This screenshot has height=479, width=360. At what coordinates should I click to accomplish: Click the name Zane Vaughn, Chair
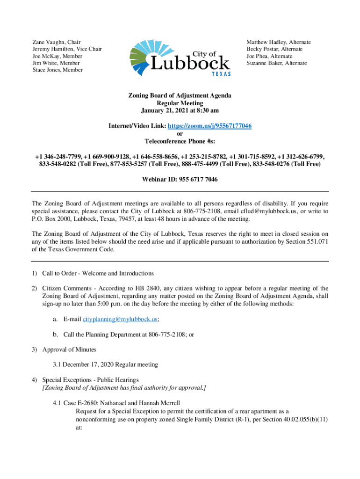55,42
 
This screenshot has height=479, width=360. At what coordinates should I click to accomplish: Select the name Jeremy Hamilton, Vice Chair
67,49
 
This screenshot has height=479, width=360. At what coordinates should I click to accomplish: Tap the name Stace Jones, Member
58,70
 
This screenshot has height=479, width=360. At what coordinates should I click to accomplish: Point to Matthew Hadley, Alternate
279,42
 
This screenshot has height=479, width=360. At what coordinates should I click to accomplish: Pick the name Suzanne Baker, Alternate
277,63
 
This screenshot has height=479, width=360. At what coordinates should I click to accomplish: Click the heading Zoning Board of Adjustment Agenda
180,95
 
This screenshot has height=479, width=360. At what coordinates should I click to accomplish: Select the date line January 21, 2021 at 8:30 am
180,110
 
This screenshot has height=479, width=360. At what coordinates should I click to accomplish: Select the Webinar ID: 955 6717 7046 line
180,179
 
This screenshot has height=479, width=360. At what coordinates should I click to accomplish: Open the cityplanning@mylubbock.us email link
120,319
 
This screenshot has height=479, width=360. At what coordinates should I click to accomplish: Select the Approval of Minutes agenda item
71,349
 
